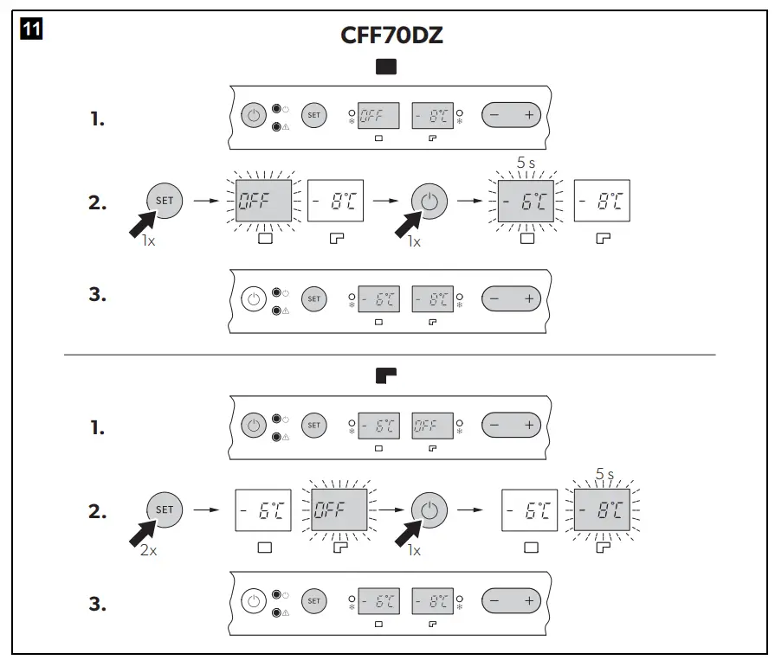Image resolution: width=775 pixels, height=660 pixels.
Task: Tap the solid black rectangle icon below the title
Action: (x=387, y=67)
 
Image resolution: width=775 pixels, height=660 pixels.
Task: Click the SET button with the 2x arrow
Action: (x=165, y=509)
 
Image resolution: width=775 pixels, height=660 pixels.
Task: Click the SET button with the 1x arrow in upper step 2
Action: (x=165, y=201)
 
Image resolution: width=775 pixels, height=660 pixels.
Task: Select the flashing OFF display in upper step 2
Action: (x=263, y=202)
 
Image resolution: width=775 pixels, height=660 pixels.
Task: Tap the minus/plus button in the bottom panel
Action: (x=511, y=600)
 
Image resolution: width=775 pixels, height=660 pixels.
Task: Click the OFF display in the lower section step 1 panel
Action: (x=432, y=426)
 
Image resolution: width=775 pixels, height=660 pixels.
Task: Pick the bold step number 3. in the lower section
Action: (x=98, y=604)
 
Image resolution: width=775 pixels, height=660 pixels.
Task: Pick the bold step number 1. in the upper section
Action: (x=98, y=119)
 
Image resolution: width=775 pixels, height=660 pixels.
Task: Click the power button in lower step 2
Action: (x=429, y=510)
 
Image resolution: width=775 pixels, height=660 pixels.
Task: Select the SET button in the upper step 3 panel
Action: (x=313, y=298)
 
